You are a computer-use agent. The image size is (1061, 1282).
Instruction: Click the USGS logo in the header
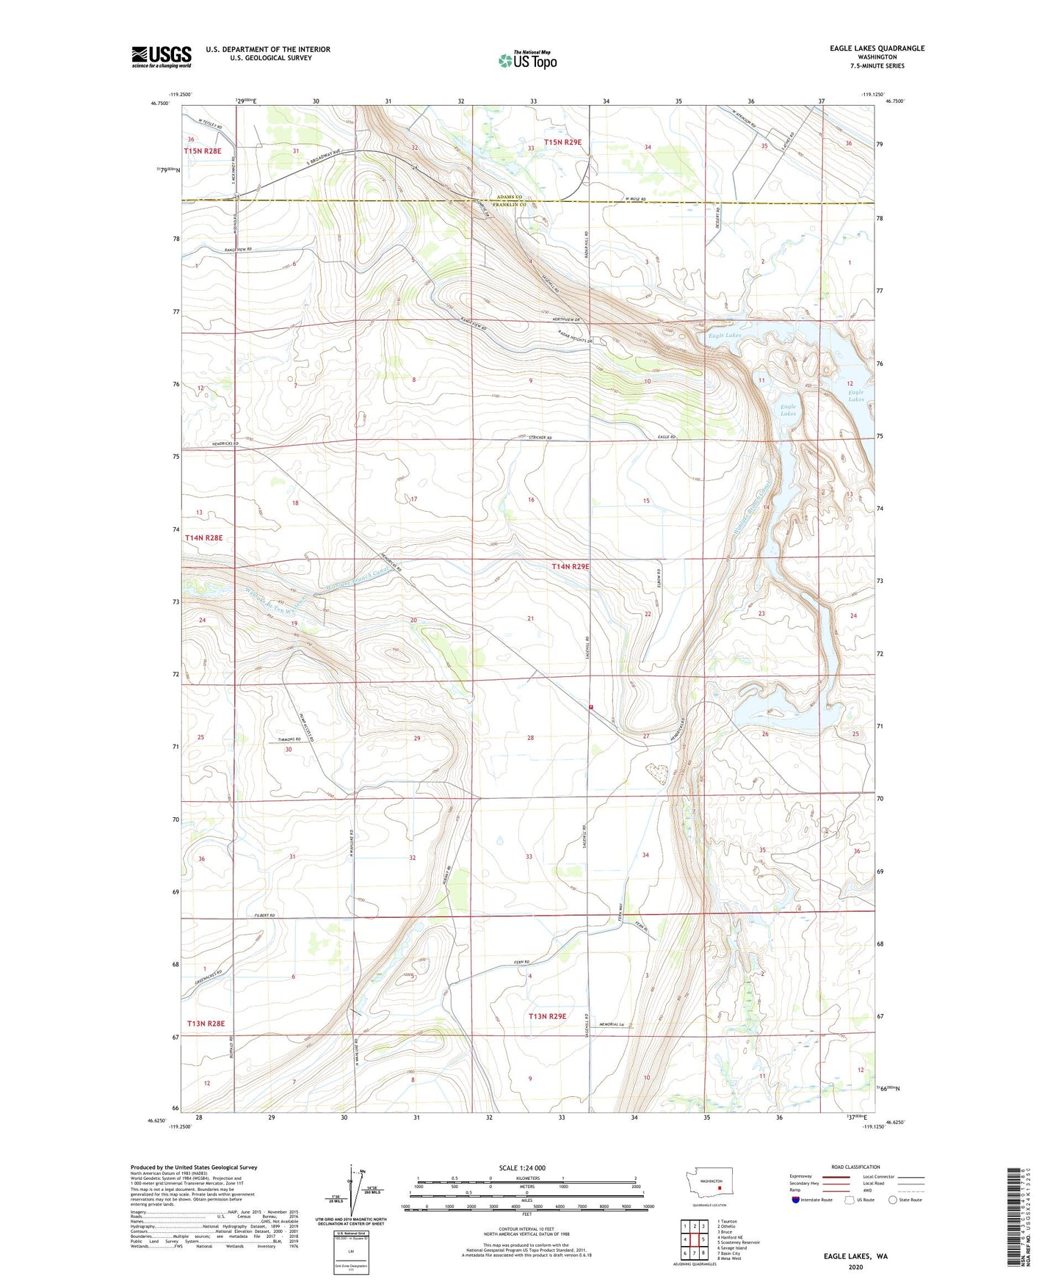pos(161,57)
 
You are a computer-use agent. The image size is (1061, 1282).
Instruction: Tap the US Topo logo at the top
pos(526,60)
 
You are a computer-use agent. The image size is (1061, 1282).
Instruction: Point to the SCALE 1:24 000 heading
pos(521,1167)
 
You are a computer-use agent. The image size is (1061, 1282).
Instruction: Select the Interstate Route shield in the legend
pos(796,1200)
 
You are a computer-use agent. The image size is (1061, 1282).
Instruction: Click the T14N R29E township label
pos(571,567)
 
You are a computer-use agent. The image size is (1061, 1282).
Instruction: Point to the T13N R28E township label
pos(205,1023)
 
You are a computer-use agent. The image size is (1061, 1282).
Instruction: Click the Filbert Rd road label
pos(261,916)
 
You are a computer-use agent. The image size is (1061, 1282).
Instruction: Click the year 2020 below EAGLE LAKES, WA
pos(855,1267)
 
